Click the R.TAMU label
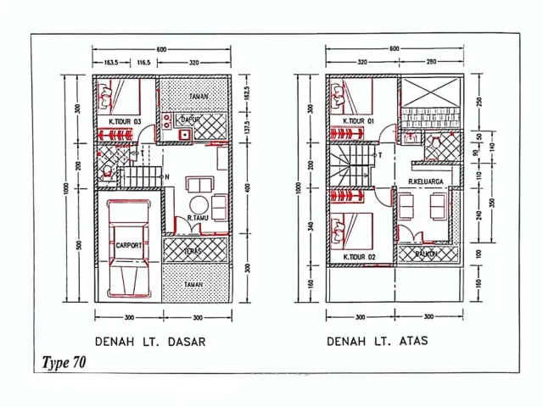coord(198,219)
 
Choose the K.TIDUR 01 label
coord(359,121)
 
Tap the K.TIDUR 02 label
coord(359,256)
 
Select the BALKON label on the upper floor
coord(427,253)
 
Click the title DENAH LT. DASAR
coord(150,343)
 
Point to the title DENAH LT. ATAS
coord(378,343)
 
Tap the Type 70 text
coord(63,362)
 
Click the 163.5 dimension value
coord(111,62)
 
